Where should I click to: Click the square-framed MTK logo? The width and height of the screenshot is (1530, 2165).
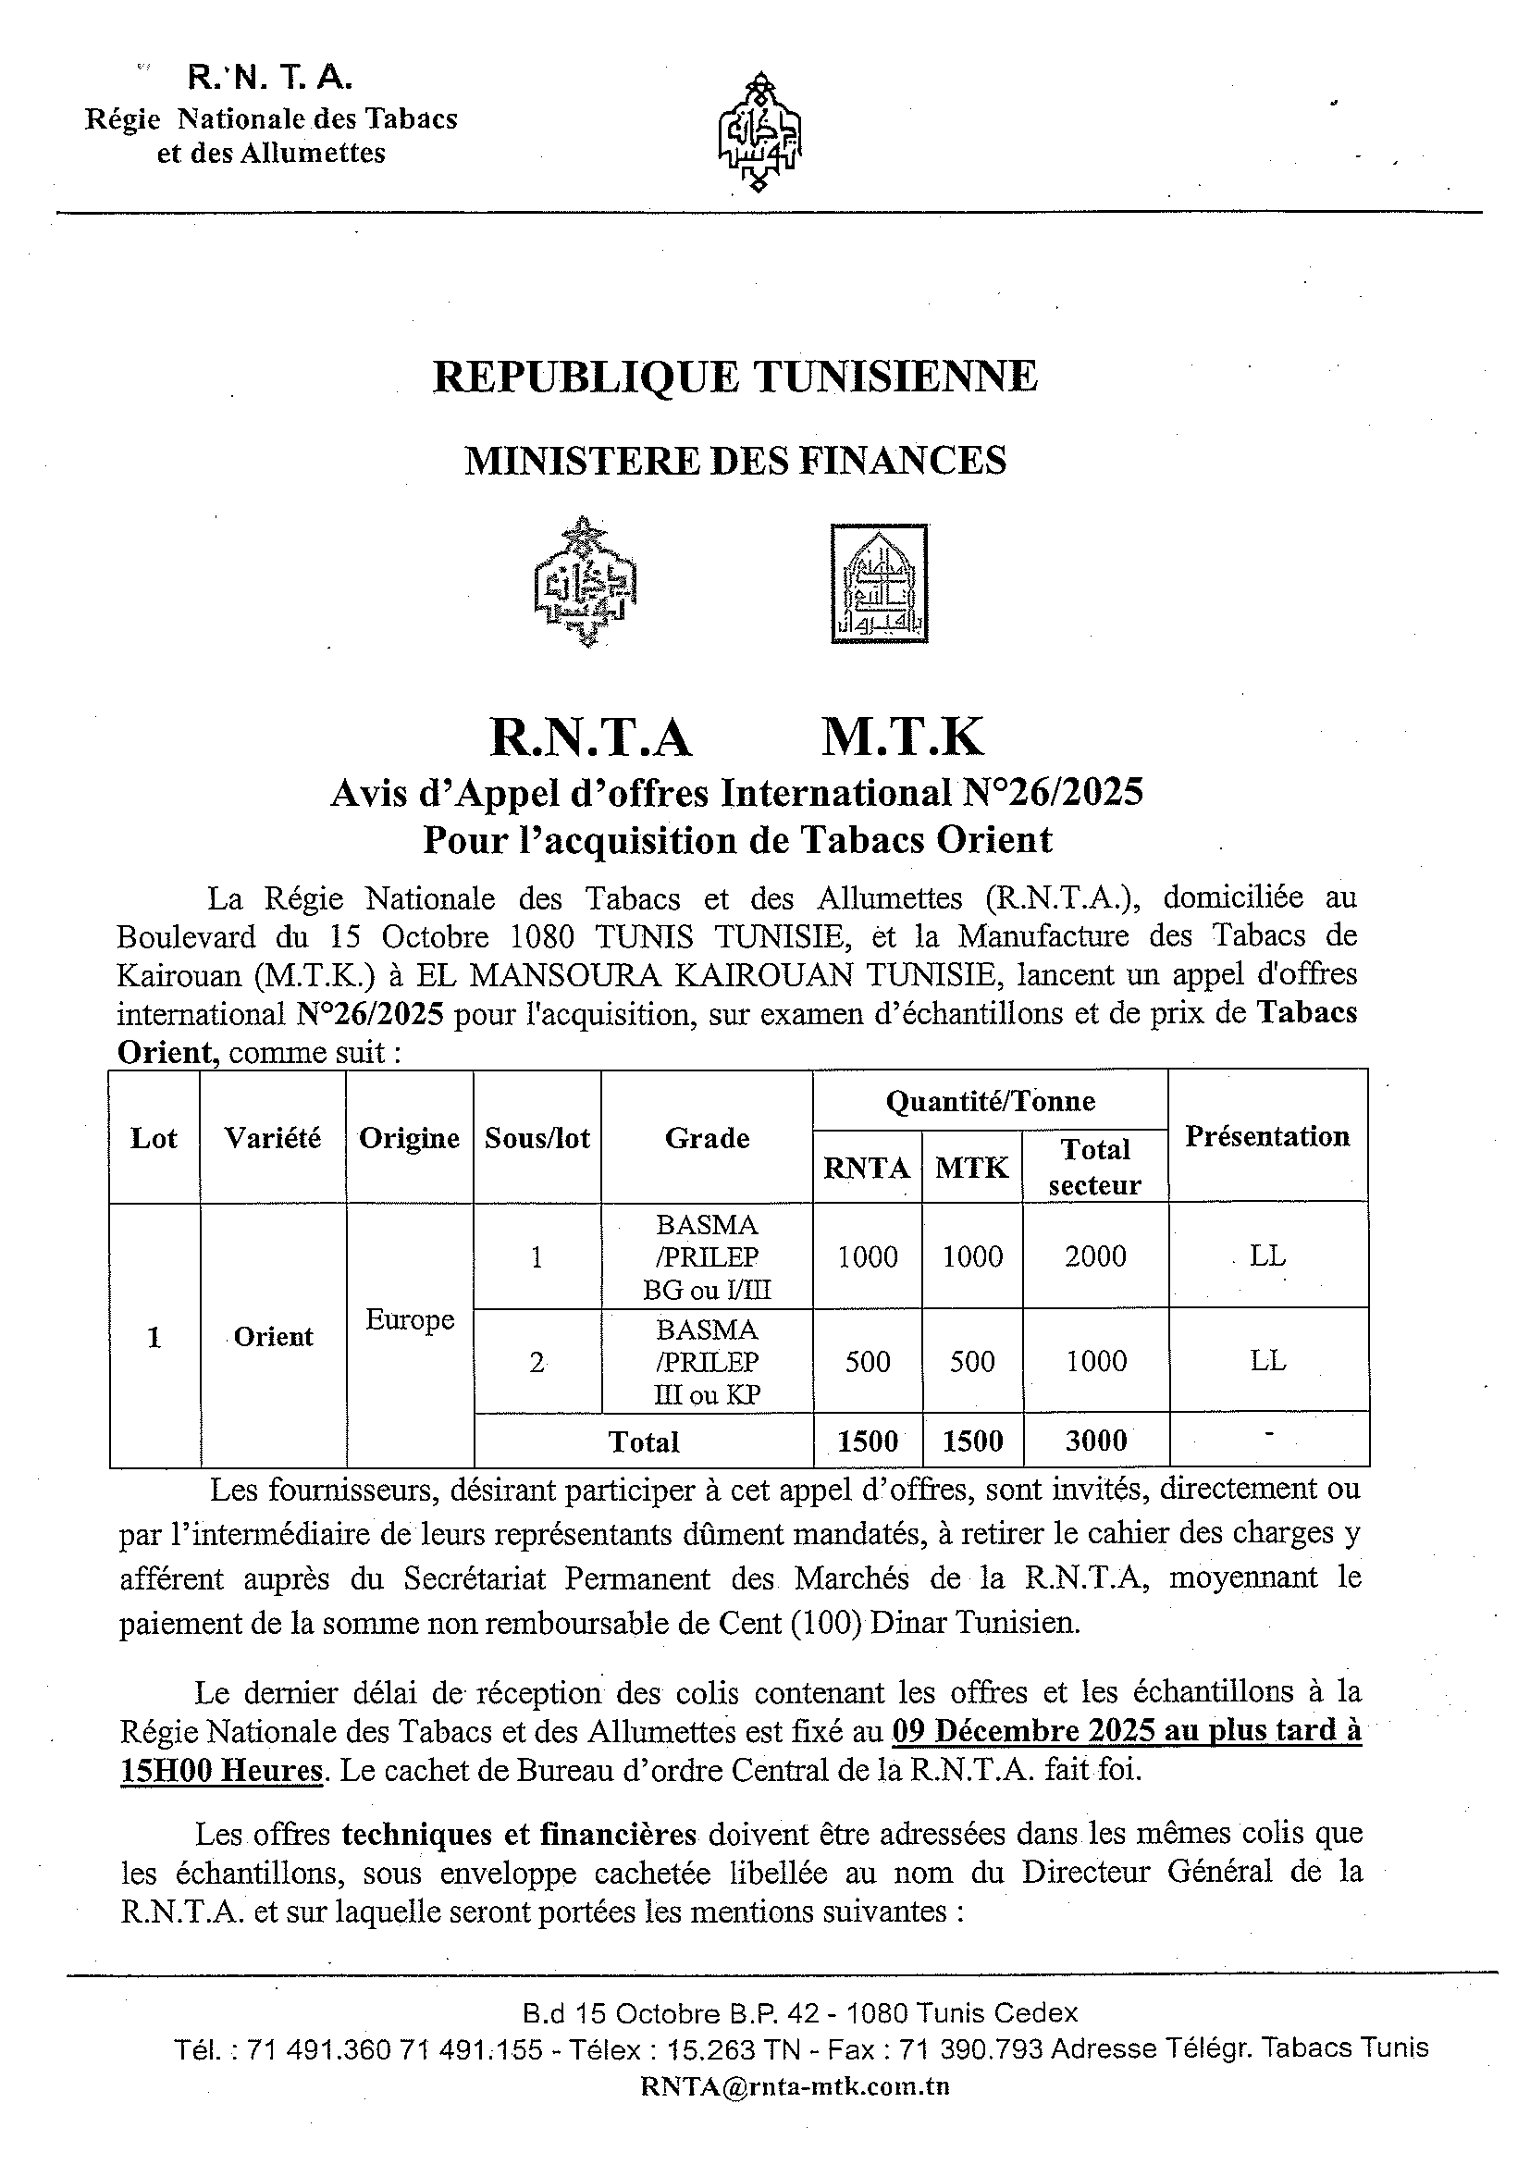(879, 584)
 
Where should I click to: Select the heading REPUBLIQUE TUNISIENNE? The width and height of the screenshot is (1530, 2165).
(735, 377)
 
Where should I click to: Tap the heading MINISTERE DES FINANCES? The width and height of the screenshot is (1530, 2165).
(735, 460)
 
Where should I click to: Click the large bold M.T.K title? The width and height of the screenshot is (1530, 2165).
(902, 737)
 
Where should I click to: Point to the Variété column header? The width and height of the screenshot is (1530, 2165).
(273, 1137)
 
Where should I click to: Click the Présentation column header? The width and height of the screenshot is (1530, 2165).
(1267, 1135)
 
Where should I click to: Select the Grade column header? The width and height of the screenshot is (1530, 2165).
(707, 1137)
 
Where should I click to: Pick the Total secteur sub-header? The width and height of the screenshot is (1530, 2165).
(1094, 1167)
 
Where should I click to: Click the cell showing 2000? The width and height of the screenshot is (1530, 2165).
(1095, 1256)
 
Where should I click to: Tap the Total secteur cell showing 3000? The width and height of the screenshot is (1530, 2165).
(1095, 1440)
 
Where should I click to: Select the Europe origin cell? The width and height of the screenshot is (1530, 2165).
(410, 1319)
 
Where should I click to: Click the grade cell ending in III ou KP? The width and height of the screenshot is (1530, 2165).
(707, 1362)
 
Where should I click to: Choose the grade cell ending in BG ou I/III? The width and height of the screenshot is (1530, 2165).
(707, 1256)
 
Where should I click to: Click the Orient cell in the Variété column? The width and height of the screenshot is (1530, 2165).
(274, 1336)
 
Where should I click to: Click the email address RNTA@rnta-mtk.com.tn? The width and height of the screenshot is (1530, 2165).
(795, 2086)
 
